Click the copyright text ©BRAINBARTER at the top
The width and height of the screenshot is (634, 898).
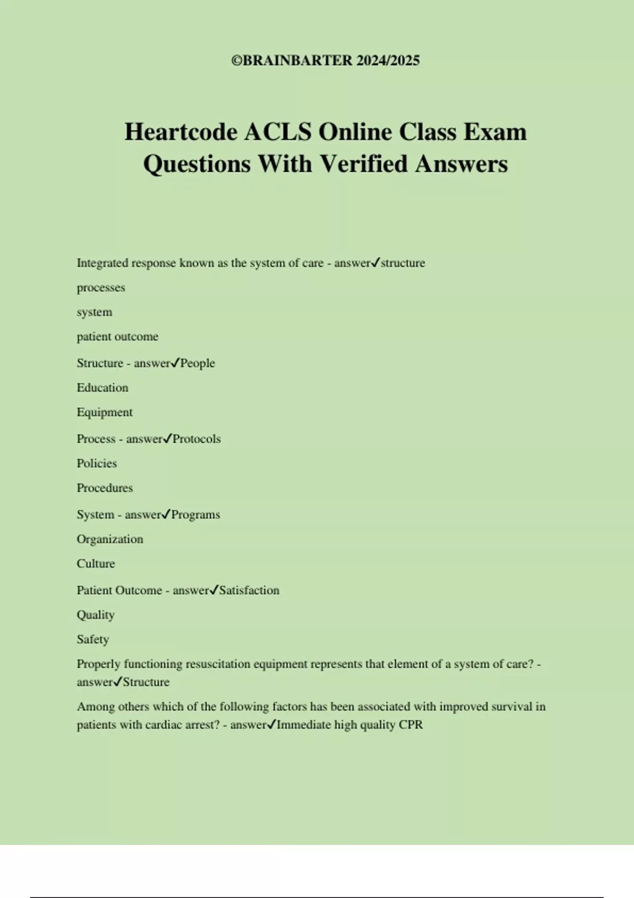tap(292, 61)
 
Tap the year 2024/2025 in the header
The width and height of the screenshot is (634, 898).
tap(388, 61)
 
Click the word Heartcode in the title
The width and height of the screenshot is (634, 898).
tap(181, 132)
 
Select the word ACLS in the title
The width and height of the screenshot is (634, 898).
tap(277, 132)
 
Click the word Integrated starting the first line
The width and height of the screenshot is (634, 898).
tap(102, 263)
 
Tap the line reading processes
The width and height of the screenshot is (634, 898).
tap(101, 288)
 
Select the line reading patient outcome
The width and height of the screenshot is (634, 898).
tap(117, 336)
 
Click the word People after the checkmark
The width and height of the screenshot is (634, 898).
tap(198, 363)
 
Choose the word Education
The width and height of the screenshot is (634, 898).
tap(102, 388)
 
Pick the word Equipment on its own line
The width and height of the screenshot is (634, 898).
tap(105, 412)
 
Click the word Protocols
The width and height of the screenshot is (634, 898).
tap(197, 439)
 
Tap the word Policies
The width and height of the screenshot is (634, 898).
tap(97, 463)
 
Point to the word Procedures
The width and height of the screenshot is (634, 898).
tap(105, 488)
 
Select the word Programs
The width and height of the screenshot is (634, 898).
tap(195, 515)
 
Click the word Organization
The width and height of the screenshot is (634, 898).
tap(110, 539)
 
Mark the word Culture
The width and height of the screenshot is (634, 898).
tap(96, 564)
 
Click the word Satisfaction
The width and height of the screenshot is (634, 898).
tap(249, 591)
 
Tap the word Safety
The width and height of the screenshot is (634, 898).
tap(93, 639)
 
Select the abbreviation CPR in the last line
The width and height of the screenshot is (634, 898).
tap(411, 725)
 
